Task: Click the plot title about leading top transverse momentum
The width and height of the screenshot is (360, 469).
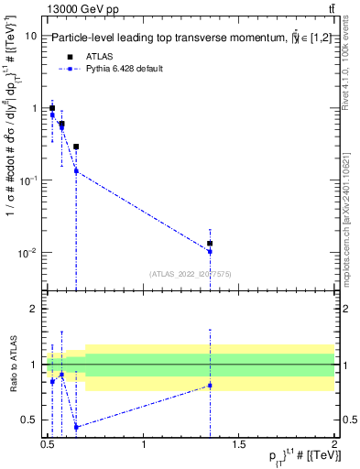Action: (x=194, y=38)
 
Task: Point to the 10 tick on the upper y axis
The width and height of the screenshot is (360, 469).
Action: (x=31, y=36)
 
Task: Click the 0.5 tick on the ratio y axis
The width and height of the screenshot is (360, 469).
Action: (x=29, y=420)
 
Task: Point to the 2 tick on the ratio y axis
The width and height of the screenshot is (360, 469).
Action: (x=33, y=309)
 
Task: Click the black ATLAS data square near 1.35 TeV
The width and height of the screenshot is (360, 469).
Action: (x=211, y=244)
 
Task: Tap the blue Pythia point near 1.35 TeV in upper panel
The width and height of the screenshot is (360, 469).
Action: (x=211, y=251)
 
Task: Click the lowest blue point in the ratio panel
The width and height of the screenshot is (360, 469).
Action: (x=76, y=427)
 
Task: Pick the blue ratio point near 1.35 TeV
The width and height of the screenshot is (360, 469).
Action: (x=211, y=385)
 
